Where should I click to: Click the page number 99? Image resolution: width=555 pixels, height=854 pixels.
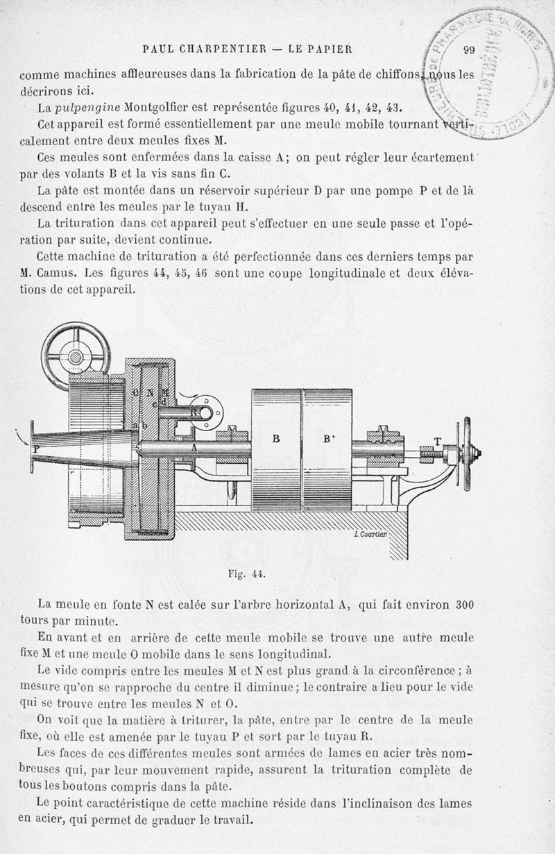click(467, 49)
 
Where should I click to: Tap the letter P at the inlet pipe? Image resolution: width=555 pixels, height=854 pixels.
click(35, 449)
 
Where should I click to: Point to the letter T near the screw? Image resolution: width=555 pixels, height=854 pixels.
click(438, 442)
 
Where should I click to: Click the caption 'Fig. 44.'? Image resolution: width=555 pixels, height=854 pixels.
click(247, 575)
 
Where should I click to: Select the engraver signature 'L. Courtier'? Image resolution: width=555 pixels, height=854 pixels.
click(371, 534)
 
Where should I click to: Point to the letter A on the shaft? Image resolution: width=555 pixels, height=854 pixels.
click(195, 449)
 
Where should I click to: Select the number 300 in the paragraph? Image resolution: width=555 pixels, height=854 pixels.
click(459, 605)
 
